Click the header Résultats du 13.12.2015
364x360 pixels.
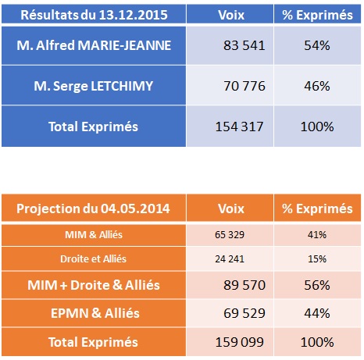[x=94, y=15]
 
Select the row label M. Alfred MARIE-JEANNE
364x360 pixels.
[x=94, y=45]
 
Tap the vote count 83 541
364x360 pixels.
[x=244, y=45]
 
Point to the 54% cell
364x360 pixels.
[x=317, y=45]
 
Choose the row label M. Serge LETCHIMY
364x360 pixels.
[x=94, y=86]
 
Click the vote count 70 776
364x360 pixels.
[x=244, y=86]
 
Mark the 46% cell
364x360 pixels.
[x=317, y=86]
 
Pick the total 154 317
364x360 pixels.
[x=239, y=127]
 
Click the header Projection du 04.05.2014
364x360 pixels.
[x=93, y=209]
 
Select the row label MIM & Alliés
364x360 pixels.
[x=94, y=235]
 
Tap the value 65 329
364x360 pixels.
[x=230, y=235]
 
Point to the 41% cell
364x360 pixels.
[x=317, y=235]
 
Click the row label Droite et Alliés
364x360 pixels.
[x=93, y=259]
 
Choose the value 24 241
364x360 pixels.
[x=230, y=259]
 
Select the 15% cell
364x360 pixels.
[x=317, y=259]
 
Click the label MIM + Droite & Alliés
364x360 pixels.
[x=94, y=285]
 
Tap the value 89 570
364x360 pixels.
[x=244, y=285]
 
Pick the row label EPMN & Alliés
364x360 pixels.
[x=95, y=313]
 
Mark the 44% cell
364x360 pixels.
[x=317, y=313]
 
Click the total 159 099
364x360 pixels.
[x=239, y=342]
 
